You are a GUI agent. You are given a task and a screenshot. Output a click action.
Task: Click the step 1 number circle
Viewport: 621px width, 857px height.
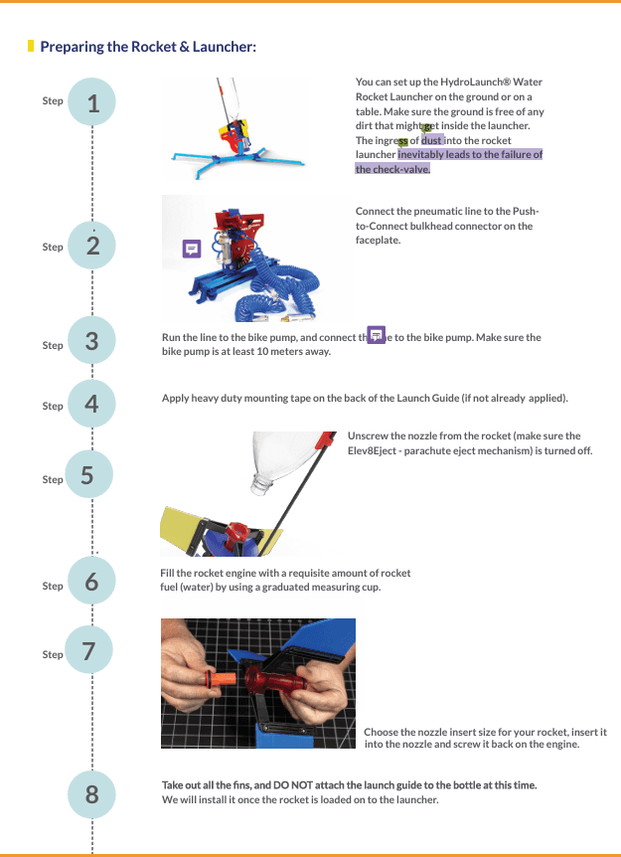[92, 102]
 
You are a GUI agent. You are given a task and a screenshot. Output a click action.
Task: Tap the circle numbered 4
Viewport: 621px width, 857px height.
[92, 405]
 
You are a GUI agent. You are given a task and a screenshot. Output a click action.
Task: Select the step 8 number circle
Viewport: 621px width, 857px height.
[92, 793]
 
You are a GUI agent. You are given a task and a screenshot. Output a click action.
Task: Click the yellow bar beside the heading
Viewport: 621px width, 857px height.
[31, 46]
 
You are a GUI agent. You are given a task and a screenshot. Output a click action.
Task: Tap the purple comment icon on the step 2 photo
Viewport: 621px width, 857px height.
[192, 249]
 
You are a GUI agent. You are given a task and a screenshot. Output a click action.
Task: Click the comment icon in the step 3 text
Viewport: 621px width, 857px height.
[377, 334]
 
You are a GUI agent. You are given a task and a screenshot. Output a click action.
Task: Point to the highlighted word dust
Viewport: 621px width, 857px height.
[432, 140]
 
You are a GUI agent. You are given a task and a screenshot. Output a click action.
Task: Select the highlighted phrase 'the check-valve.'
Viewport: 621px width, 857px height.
[392, 169]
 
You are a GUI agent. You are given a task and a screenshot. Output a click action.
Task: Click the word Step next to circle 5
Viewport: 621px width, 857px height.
[53, 479]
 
